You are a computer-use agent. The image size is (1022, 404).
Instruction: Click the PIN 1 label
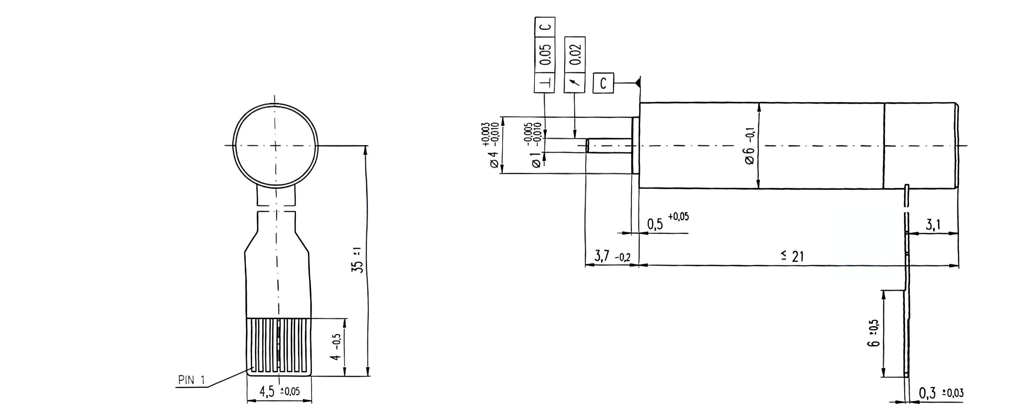(x=192, y=380)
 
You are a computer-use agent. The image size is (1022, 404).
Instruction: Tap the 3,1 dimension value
(x=933, y=225)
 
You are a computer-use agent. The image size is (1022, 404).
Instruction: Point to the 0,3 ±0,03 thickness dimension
(x=941, y=393)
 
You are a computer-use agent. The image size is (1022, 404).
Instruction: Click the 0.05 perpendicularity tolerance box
(x=545, y=55)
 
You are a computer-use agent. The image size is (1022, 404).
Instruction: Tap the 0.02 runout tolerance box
(x=575, y=55)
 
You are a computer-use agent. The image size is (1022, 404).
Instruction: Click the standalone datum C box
(x=603, y=83)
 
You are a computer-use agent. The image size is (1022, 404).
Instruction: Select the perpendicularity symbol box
(x=545, y=83)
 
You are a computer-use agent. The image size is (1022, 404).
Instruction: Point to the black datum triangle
(x=638, y=83)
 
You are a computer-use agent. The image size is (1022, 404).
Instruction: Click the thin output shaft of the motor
(x=609, y=146)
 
